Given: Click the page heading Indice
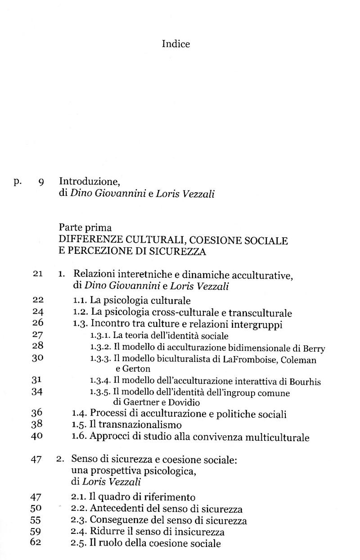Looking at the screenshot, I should pyautogui.click(x=176, y=44).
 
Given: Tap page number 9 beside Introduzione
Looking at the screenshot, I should pyautogui.click(x=41, y=182).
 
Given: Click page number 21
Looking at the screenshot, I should pyautogui.click(x=37, y=274).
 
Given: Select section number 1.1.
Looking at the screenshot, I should pyautogui.click(x=80, y=300).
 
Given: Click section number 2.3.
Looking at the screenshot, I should pyautogui.click(x=80, y=520).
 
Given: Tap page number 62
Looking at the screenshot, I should pyautogui.click(x=36, y=542).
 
